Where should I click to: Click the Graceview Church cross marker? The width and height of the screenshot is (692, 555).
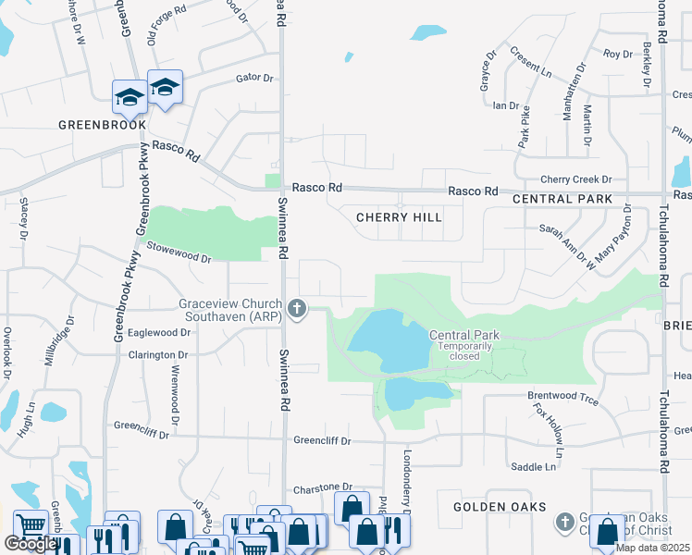click(297, 309)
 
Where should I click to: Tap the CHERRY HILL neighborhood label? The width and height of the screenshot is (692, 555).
click(399, 217)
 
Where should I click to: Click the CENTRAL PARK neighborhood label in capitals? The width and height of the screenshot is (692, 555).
click(562, 199)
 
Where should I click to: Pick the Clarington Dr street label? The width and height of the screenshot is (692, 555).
click(158, 355)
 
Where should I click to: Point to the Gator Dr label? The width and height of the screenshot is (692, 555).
click(255, 79)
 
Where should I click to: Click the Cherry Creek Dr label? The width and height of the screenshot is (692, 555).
click(576, 179)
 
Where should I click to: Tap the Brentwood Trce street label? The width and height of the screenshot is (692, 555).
click(562, 396)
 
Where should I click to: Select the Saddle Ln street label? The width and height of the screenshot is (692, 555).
click(536, 467)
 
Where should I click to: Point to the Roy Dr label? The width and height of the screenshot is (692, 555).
click(617, 55)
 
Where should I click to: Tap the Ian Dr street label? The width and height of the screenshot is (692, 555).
click(506, 105)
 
